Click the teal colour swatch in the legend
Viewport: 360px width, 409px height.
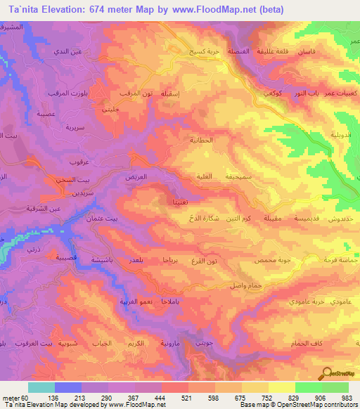tap(41, 387)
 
